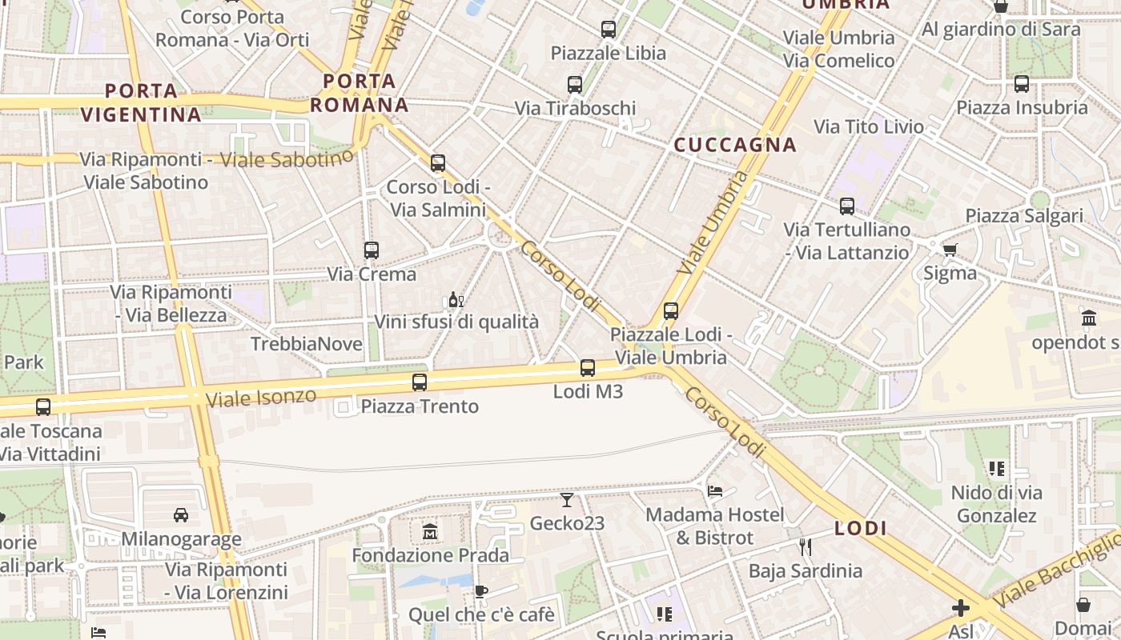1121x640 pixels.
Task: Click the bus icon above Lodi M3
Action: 587,368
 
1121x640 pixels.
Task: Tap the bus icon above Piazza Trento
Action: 420,382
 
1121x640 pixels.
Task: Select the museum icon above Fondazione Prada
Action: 430,531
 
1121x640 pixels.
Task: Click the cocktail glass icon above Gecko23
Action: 567,500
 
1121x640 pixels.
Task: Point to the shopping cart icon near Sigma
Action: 950,250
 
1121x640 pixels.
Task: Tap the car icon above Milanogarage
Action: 181,515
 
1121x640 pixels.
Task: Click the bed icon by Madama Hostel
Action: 715,490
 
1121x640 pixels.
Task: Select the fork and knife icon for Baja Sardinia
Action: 806,547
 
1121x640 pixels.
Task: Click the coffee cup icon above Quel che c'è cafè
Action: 480,591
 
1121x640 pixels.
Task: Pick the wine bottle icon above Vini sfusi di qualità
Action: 456,300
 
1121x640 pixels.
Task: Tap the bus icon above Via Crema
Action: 371,250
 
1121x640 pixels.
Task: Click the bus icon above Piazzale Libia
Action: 609,30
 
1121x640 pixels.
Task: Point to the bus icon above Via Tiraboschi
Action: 575,85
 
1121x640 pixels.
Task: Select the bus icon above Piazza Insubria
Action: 1021,84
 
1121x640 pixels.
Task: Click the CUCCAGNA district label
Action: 735,145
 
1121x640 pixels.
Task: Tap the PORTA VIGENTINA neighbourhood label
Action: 141,102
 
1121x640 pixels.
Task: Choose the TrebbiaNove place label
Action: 307,344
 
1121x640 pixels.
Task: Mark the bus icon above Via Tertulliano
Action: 847,206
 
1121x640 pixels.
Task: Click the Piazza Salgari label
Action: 1024,216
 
